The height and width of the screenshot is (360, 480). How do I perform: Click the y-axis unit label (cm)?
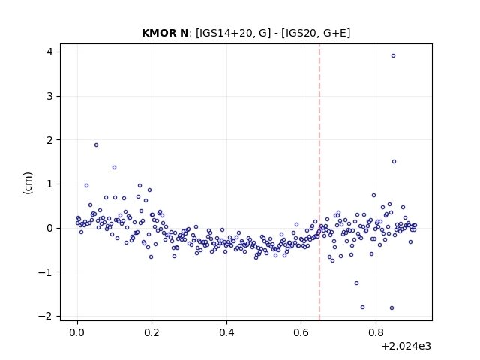click(x=28, y=183)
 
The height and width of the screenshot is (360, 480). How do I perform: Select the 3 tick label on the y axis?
click(x=49, y=96)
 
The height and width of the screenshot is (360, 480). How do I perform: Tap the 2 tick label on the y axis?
click(x=49, y=140)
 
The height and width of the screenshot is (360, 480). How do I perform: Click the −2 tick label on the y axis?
click(x=45, y=316)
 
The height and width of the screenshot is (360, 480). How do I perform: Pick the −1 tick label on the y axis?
click(x=45, y=271)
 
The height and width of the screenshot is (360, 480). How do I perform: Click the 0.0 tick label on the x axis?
click(x=77, y=332)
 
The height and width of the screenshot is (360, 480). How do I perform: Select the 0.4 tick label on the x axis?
click(x=226, y=332)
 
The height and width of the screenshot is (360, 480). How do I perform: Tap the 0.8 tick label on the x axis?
click(x=376, y=332)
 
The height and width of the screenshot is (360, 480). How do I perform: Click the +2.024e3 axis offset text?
click(x=406, y=346)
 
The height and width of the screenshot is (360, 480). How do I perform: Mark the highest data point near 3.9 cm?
click(x=393, y=55)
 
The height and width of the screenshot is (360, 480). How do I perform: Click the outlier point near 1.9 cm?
click(x=97, y=145)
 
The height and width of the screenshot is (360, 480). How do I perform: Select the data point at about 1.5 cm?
click(x=394, y=162)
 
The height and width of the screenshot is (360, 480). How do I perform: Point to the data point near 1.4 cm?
click(x=114, y=167)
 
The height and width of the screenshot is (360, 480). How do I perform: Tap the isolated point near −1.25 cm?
click(x=356, y=283)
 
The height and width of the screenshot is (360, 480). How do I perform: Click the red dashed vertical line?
click(x=319, y=182)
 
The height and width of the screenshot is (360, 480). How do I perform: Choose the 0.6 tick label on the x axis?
click(x=301, y=332)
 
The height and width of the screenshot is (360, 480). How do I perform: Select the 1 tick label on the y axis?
click(x=49, y=184)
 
